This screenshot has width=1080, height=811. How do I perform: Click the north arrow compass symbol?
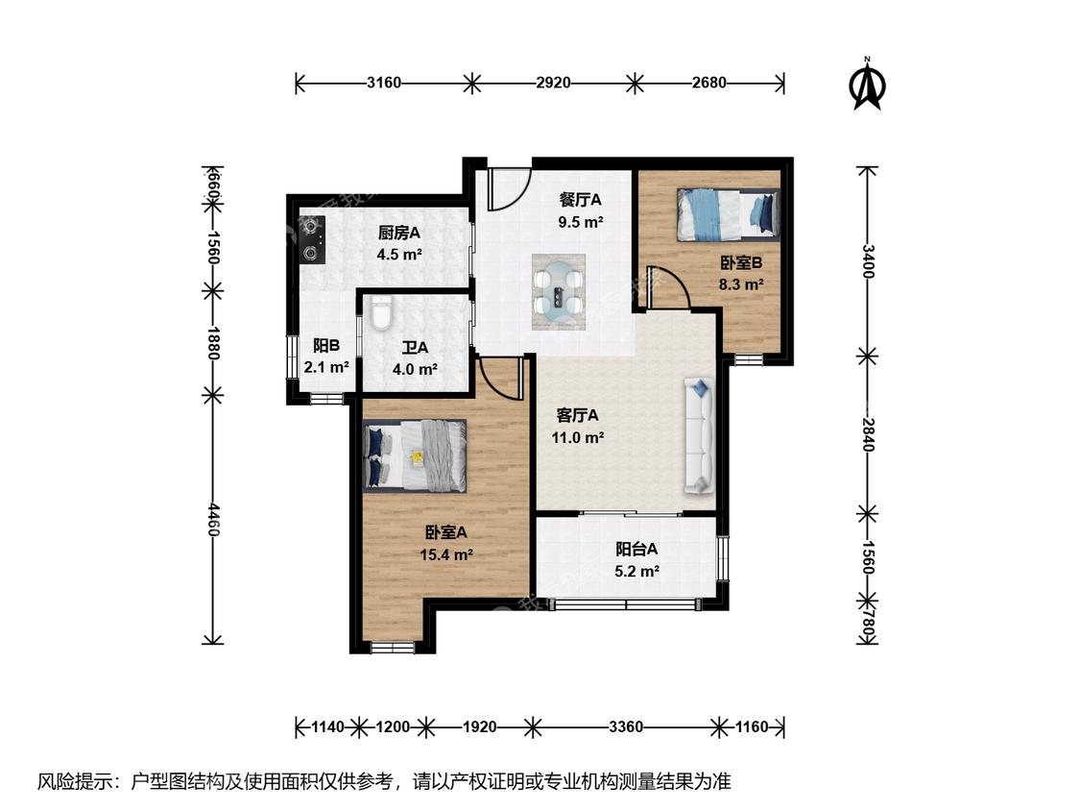pyautogui.click(x=869, y=84)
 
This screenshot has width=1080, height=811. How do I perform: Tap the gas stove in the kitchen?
pyautogui.click(x=312, y=239)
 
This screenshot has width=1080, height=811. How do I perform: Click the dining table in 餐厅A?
pyautogui.click(x=559, y=291)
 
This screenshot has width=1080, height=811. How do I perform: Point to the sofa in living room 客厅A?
pyautogui.click(x=699, y=436)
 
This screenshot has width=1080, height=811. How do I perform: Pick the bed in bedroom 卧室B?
pyautogui.click(x=729, y=215)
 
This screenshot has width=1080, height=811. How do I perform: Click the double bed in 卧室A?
pyautogui.click(x=416, y=455)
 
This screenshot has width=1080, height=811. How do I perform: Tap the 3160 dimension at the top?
pyautogui.click(x=384, y=83)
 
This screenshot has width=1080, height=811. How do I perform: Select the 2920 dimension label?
pyautogui.click(x=554, y=83)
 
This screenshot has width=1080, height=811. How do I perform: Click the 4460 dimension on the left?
pyautogui.click(x=213, y=519)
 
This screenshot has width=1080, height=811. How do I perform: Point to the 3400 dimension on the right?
pyautogui.click(x=867, y=261)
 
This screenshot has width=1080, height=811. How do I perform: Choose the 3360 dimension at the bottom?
pyautogui.click(x=626, y=726)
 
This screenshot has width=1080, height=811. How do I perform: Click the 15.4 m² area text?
pyautogui.click(x=446, y=554)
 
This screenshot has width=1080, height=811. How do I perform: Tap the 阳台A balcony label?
pyautogui.click(x=636, y=549)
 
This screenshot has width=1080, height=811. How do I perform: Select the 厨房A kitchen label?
pyautogui.click(x=398, y=233)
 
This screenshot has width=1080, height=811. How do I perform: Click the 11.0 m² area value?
pyautogui.click(x=578, y=437)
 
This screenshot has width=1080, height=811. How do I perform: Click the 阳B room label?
pyautogui.click(x=325, y=346)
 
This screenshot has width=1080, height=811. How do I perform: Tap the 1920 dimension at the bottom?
pyautogui.click(x=479, y=726)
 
